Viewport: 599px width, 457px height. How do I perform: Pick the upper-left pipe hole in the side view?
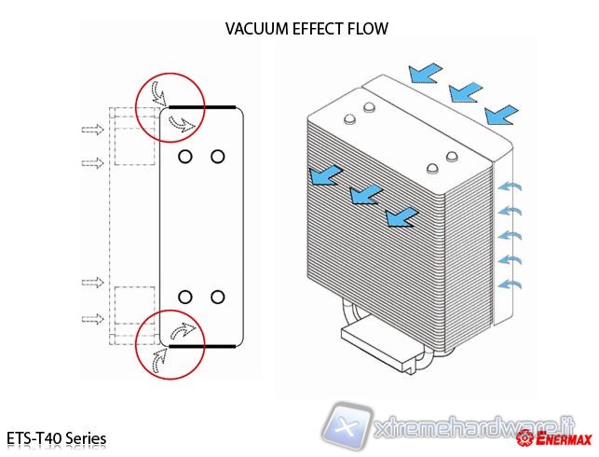click(x=185, y=156)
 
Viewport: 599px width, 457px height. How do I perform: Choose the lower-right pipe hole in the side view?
click(x=217, y=297)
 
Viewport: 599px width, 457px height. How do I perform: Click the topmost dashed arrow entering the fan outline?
click(x=93, y=129)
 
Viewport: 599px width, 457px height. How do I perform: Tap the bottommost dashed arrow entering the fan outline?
click(x=93, y=319)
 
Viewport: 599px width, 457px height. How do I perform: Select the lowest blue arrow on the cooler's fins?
click(x=401, y=217)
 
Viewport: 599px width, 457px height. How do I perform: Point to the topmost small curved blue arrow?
click(x=511, y=187)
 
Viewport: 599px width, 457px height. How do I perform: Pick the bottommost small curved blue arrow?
click(x=511, y=282)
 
